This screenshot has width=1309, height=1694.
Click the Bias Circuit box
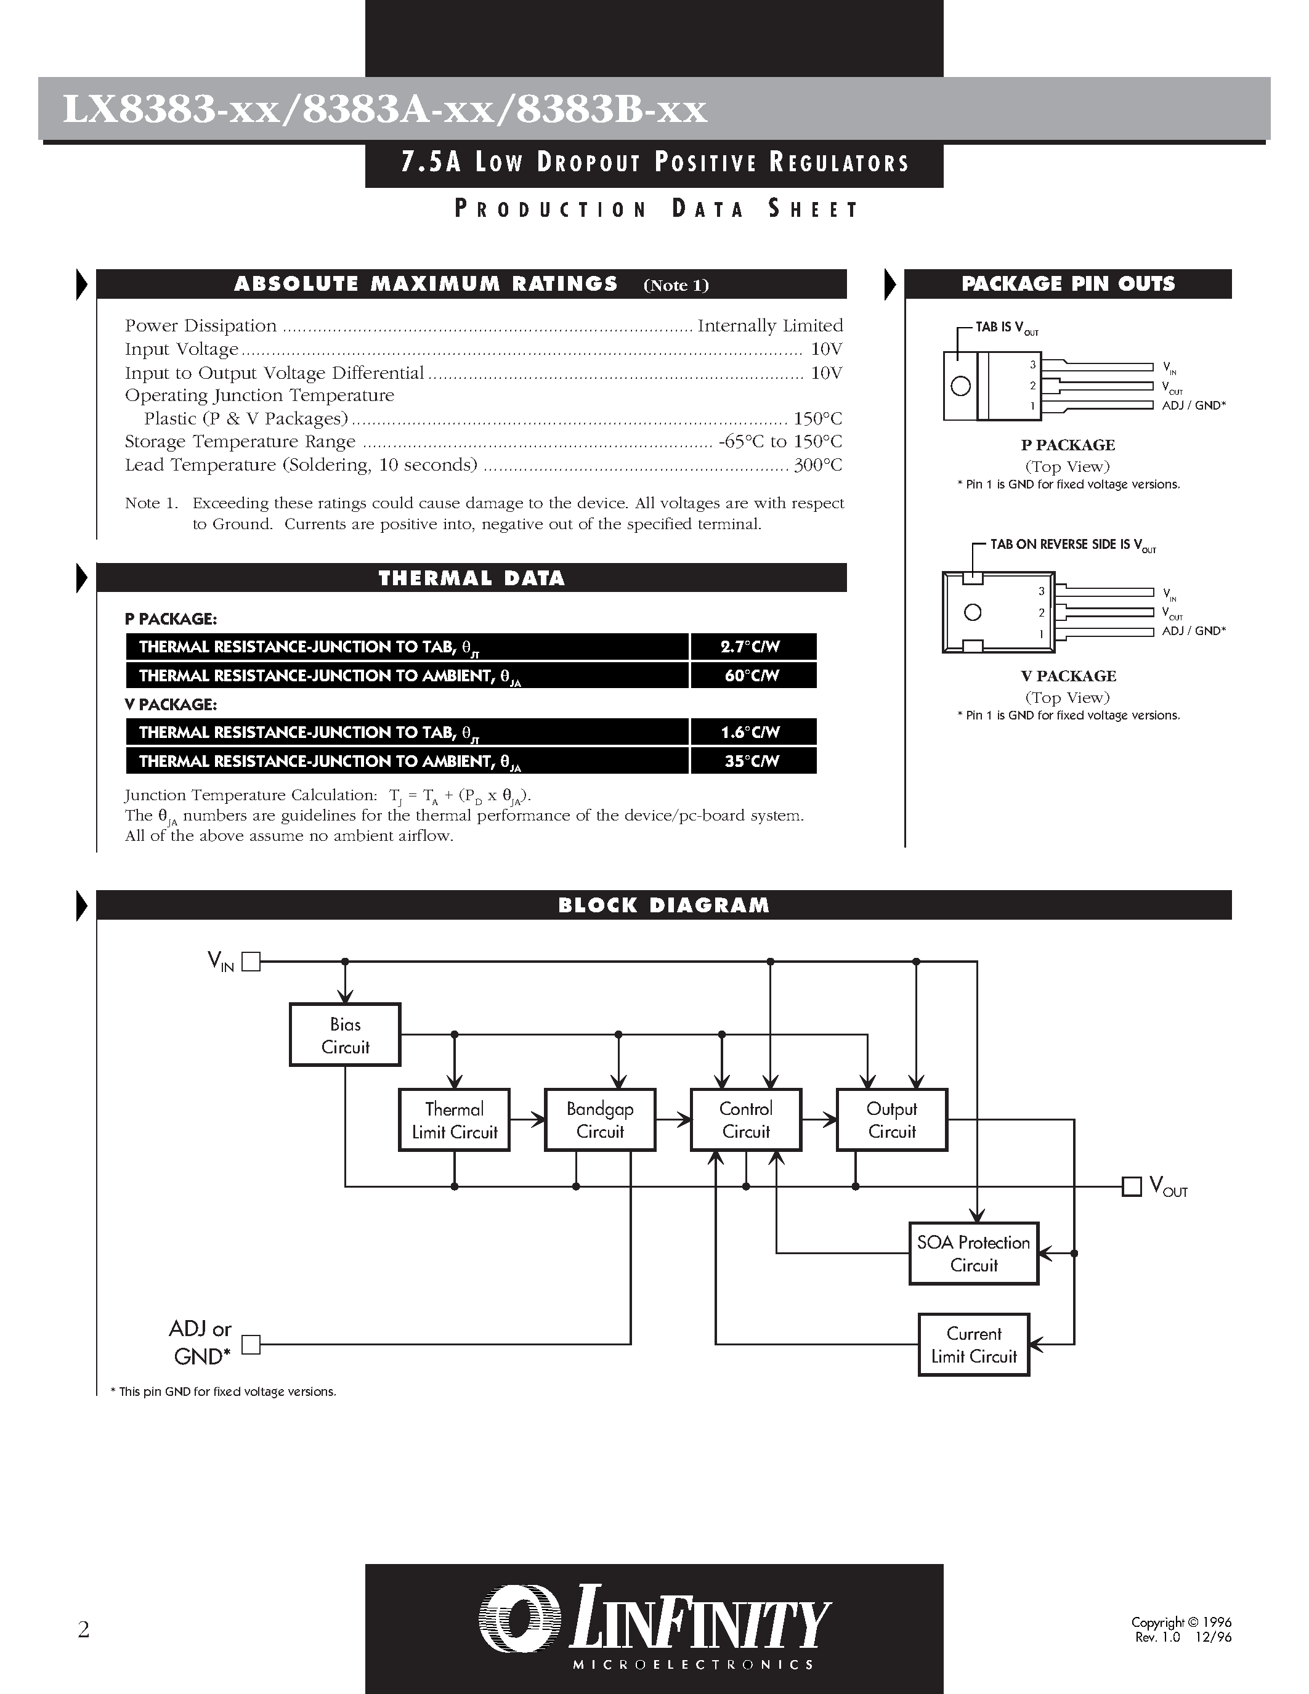(345, 1035)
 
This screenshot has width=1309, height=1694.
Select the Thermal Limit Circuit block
(455, 1120)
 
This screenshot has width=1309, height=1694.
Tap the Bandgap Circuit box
(600, 1120)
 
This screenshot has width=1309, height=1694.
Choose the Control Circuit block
(746, 1120)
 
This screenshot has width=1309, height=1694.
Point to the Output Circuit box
(892, 1120)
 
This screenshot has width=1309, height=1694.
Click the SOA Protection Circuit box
(973, 1254)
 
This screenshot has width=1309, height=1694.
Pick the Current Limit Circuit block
(973, 1345)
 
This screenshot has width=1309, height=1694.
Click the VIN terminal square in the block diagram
(251, 962)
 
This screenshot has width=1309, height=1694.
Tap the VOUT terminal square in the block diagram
(1132, 1187)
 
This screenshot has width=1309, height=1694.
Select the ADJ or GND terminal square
(251, 1344)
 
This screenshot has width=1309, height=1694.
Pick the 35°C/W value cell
(752, 761)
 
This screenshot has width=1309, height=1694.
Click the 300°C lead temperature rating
(818, 465)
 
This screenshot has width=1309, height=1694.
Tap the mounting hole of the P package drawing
(961, 386)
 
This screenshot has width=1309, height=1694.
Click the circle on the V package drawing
(973, 613)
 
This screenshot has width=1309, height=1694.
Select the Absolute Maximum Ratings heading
(426, 284)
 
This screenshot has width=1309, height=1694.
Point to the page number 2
(84, 1629)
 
